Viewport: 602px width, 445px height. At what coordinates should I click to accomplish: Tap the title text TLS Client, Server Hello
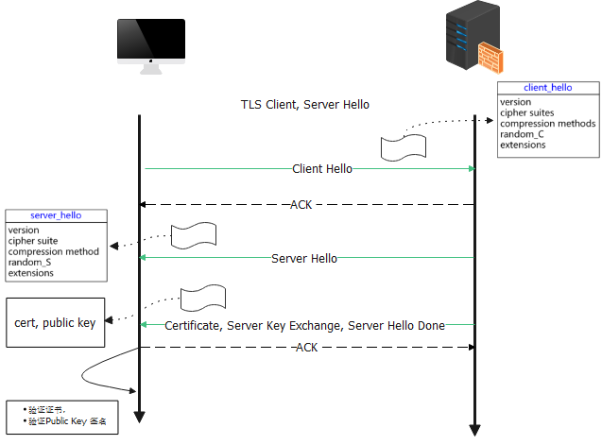tap(304, 104)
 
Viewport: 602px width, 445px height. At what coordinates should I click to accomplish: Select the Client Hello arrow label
tap(322, 169)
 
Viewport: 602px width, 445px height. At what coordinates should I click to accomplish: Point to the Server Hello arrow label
tap(303, 258)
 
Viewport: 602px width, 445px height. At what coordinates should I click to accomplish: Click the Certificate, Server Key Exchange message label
tap(304, 325)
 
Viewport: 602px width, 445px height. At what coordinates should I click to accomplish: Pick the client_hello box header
tap(547, 88)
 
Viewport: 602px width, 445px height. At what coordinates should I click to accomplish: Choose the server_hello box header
tap(56, 215)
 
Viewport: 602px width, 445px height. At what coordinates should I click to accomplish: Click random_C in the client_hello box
tap(522, 134)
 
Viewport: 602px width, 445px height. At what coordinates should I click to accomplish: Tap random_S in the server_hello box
tap(29, 263)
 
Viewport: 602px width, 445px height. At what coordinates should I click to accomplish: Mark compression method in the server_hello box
tap(53, 251)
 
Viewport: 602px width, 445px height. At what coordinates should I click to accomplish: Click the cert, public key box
tap(55, 323)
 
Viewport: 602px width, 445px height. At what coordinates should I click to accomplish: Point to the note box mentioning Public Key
tap(62, 416)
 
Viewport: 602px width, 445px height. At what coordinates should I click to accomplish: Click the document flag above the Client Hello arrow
tap(404, 147)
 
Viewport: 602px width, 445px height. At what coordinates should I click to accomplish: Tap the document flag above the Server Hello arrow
tap(194, 235)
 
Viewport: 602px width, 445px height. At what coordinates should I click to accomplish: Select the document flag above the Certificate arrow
tap(203, 299)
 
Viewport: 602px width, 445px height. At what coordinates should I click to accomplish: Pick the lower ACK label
tap(306, 348)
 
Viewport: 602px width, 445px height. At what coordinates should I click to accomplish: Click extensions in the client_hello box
tap(523, 145)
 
